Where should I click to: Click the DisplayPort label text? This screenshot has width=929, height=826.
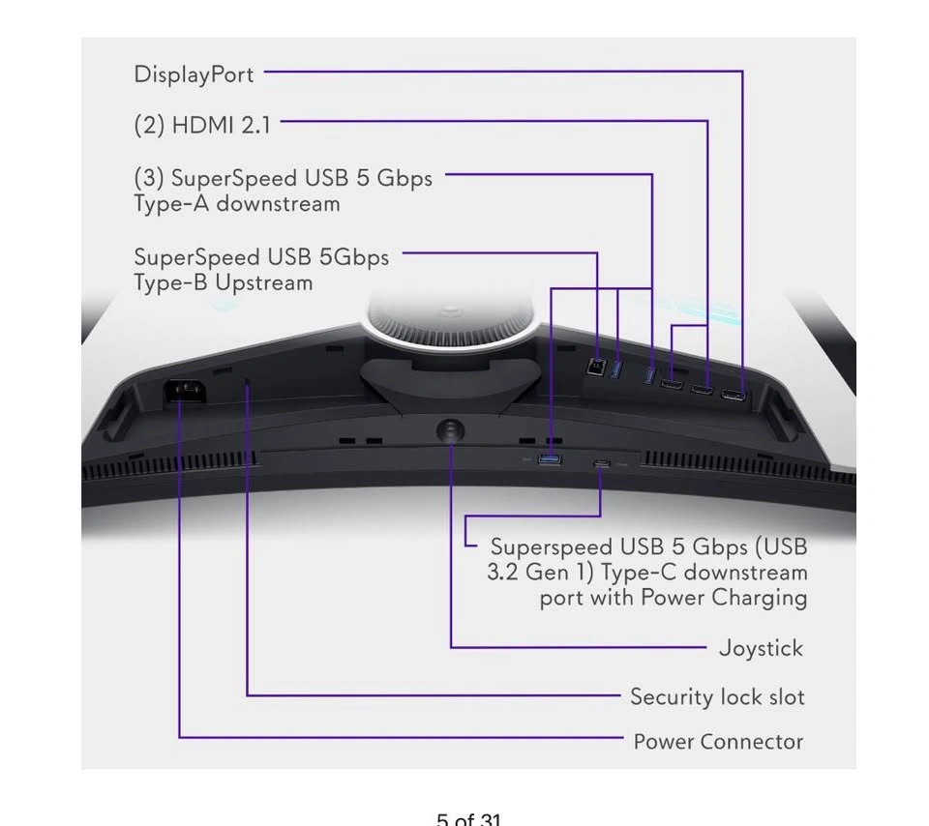coord(194,75)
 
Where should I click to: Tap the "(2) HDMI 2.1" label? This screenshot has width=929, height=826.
coord(202,126)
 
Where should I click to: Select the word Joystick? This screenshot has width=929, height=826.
coord(761,648)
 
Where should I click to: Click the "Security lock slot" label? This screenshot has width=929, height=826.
coord(717,697)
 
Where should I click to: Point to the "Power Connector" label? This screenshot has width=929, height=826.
coord(718,741)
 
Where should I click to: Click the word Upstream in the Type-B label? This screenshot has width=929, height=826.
coord(263,283)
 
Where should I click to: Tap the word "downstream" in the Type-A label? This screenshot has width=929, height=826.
coord(278,204)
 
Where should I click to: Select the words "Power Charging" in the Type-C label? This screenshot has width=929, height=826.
coord(724,598)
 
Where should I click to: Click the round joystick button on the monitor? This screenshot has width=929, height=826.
coord(450,430)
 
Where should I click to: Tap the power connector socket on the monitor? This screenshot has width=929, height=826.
coord(185,391)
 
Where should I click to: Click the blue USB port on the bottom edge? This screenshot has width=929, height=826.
coord(550,458)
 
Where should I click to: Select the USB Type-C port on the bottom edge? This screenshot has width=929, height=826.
coord(601,463)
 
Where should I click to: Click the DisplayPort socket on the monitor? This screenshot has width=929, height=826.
coord(733,395)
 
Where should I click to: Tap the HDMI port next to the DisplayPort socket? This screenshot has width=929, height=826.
coord(701,390)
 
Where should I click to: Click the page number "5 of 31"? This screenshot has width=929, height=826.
coord(468,819)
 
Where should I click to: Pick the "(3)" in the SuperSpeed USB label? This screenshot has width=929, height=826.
coord(149,178)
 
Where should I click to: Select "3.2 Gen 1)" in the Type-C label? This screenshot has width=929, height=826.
coord(540,573)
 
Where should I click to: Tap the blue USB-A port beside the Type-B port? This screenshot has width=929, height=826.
coord(616,369)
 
